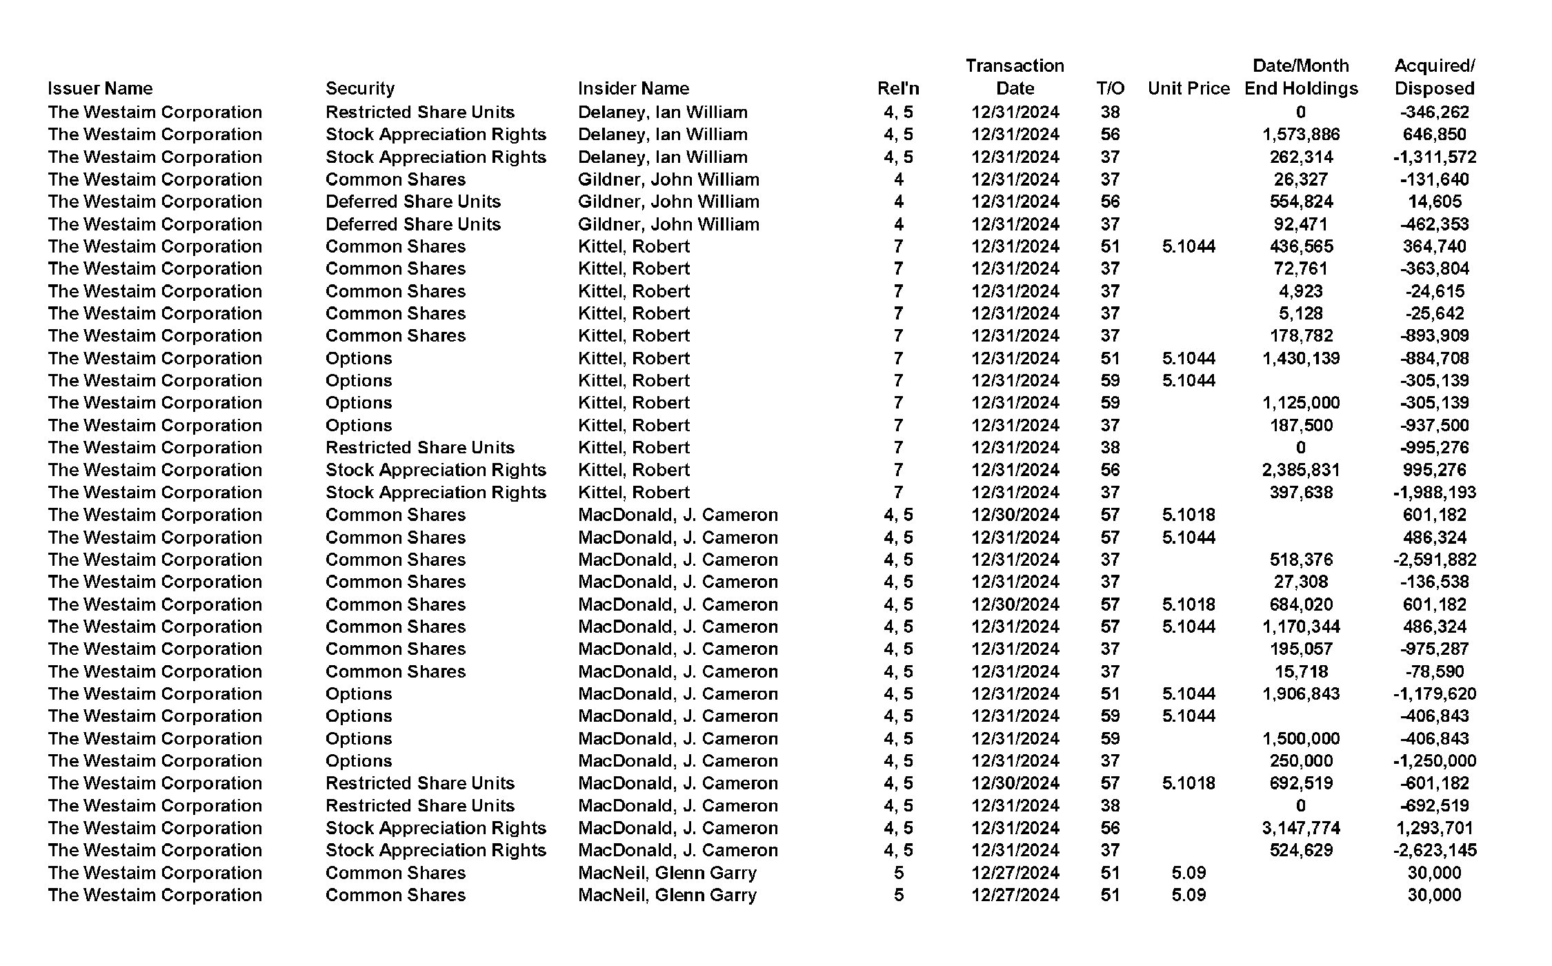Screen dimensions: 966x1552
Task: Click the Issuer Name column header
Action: point(100,88)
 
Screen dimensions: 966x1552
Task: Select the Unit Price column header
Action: point(1188,88)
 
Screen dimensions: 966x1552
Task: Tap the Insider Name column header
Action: point(633,88)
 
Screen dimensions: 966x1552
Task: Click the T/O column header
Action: point(1110,88)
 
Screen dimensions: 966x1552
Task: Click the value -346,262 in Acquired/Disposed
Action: point(1434,112)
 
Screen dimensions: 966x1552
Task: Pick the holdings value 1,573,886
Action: point(1301,135)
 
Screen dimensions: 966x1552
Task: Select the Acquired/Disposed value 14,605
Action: point(1434,201)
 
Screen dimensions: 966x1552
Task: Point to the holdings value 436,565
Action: point(1301,246)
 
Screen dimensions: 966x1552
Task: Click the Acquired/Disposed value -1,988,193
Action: point(1434,493)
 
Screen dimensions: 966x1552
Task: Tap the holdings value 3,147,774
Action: point(1301,828)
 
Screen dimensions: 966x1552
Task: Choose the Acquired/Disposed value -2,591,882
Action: point(1434,560)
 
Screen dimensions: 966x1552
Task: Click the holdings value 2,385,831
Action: point(1301,470)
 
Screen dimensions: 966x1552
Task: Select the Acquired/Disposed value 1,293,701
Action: point(1434,828)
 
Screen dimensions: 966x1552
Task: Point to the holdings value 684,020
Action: point(1301,604)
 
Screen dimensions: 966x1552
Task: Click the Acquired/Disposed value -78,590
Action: point(1434,671)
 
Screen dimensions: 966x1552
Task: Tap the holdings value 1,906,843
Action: point(1301,693)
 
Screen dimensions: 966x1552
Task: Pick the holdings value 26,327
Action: point(1301,179)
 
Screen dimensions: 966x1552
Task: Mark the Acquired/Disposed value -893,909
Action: point(1434,335)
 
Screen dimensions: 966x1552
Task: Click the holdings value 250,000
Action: point(1301,761)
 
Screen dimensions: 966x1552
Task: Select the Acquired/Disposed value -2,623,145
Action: point(1434,850)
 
